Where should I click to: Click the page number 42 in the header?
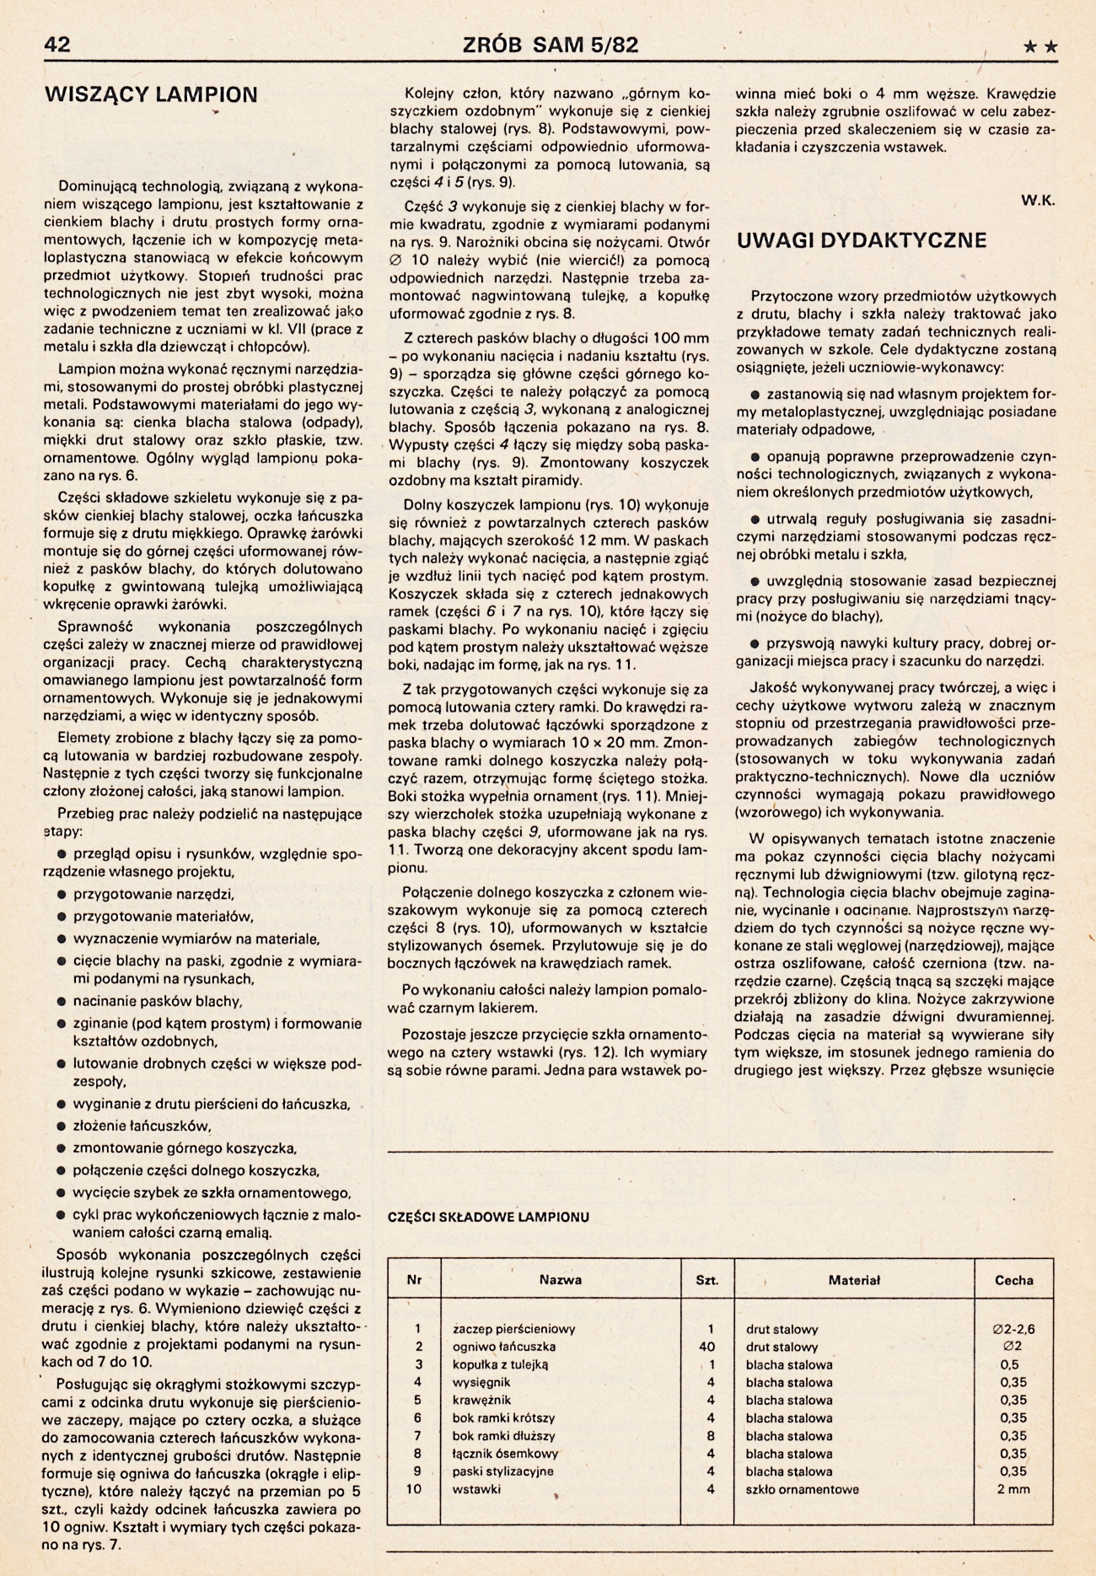(x=57, y=46)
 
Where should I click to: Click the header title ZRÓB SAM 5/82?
(x=551, y=46)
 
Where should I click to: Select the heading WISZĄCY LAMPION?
(x=151, y=94)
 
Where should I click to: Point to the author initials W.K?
(x=1038, y=201)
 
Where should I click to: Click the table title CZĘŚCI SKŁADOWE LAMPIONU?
(x=488, y=1217)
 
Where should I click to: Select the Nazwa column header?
(x=561, y=1279)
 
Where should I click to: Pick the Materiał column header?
(x=854, y=1279)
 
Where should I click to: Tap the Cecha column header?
(x=1013, y=1279)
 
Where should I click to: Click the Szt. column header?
(x=707, y=1279)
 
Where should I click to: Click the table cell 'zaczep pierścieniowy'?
(x=513, y=1329)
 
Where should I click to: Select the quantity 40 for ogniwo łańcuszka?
(x=707, y=1347)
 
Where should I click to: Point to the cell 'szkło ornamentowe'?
(x=802, y=1489)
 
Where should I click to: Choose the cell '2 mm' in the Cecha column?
(x=1013, y=1489)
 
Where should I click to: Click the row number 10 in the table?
(x=414, y=1489)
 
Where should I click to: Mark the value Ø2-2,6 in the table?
(x=1013, y=1329)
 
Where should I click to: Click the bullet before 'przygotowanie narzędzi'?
(x=62, y=894)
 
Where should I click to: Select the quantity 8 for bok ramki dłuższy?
(x=711, y=1435)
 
